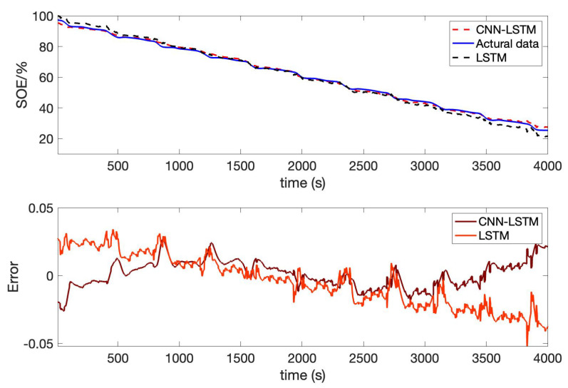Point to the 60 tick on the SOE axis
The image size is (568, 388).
45,78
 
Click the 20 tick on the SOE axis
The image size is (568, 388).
45,138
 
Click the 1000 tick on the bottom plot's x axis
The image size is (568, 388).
179,357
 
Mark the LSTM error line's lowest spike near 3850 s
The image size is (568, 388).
527,344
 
